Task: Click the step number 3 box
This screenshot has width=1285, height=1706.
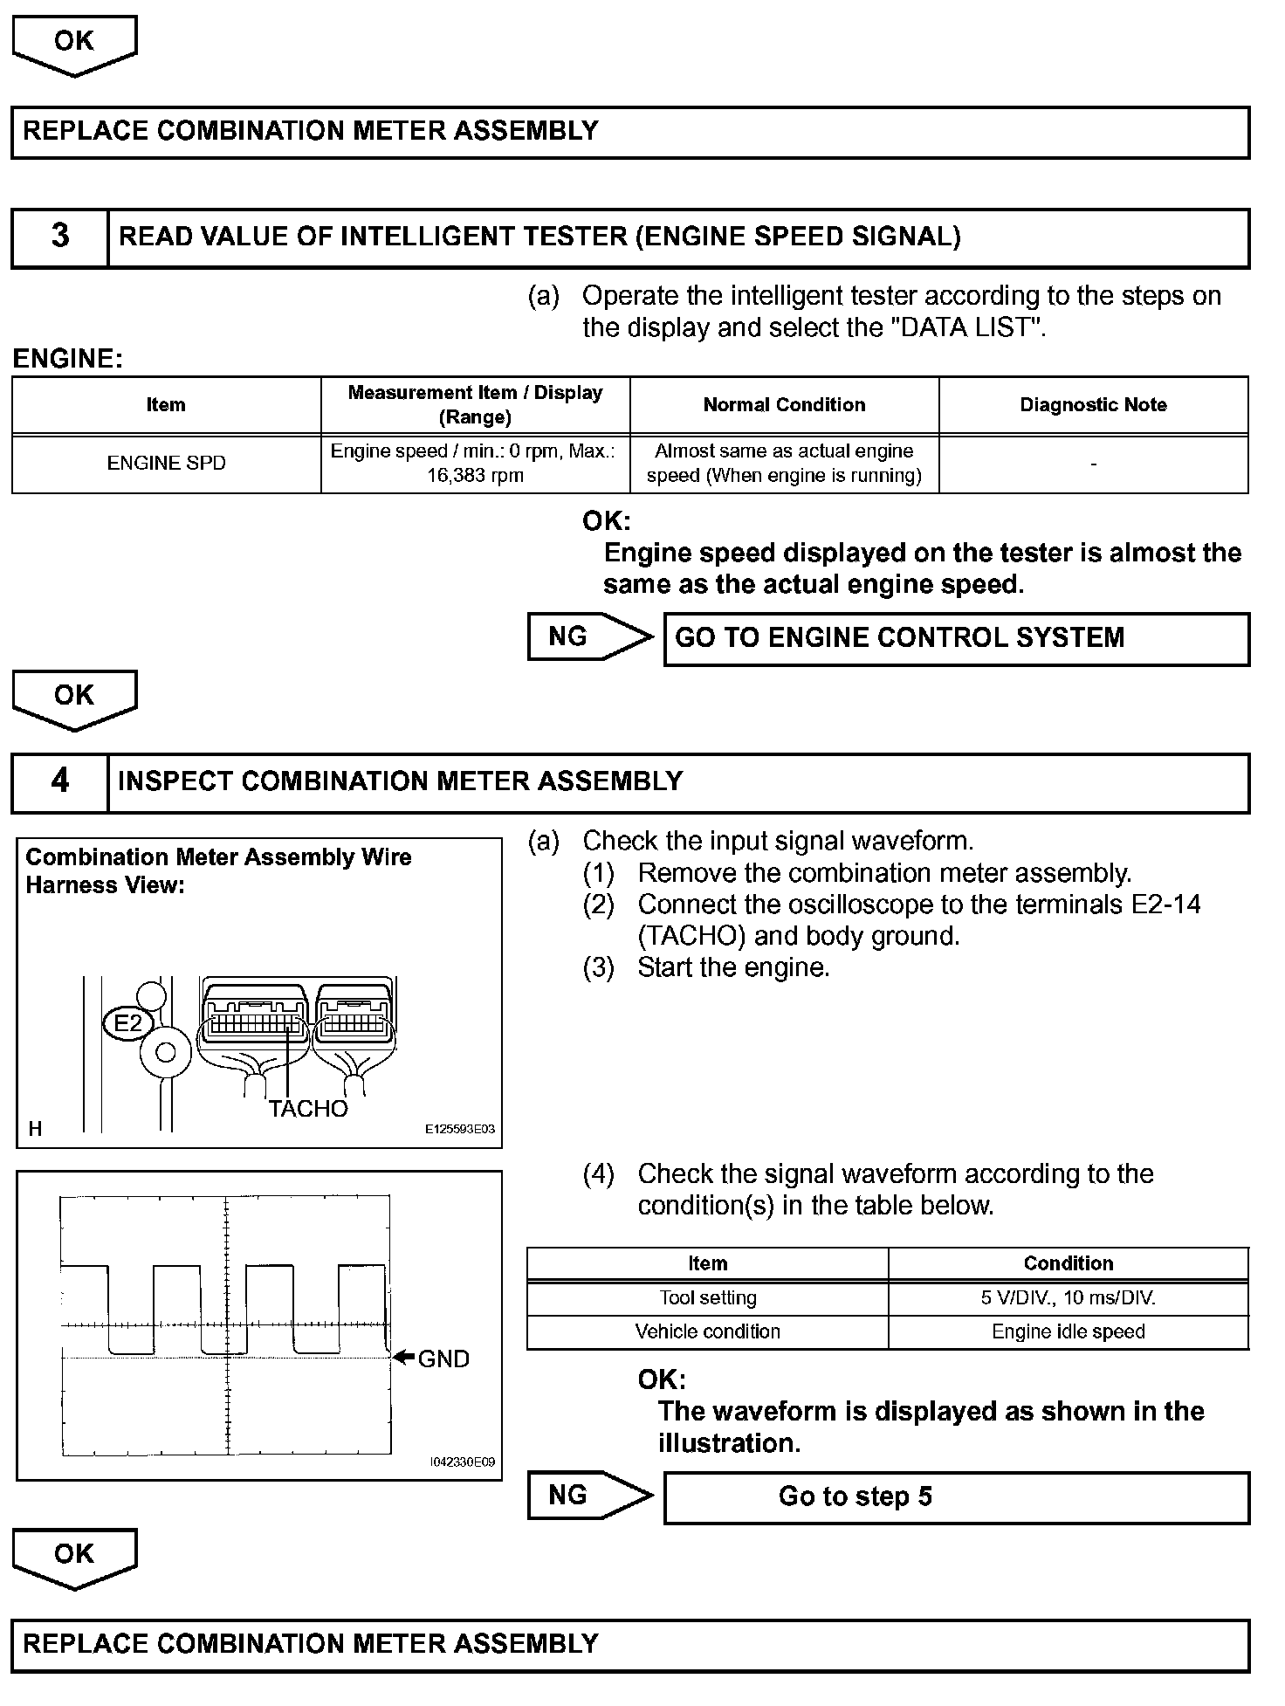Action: [x=59, y=237]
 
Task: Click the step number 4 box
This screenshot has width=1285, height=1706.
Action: [x=59, y=781]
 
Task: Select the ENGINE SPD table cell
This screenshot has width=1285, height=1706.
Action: [x=166, y=464]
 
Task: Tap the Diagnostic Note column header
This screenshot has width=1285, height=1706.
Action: [x=1093, y=405]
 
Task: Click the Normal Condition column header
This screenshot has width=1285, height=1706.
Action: [x=784, y=405]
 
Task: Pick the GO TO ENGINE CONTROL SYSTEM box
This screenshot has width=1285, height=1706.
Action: [x=956, y=639]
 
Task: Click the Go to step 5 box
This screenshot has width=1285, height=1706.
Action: [x=956, y=1497]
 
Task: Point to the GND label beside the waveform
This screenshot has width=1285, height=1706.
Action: [x=443, y=1359]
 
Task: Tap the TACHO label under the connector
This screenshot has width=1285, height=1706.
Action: [x=308, y=1109]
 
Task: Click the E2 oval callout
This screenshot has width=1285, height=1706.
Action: [x=128, y=1022]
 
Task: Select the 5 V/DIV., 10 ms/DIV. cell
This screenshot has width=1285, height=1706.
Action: [x=1068, y=1298]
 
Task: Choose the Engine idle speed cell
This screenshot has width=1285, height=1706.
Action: [x=1068, y=1332]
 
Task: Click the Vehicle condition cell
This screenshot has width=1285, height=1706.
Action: [x=707, y=1332]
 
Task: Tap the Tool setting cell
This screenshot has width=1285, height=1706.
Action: [x=707, y=1298]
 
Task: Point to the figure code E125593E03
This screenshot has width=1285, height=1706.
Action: [x=460, y=1129]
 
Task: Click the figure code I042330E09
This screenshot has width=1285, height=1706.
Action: [x=463, y=1462]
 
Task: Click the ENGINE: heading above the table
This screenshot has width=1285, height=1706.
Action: [x=68, y=359]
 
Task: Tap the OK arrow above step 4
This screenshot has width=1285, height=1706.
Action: [x=74, y=698]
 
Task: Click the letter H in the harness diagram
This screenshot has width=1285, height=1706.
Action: [x=35, y=1129]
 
